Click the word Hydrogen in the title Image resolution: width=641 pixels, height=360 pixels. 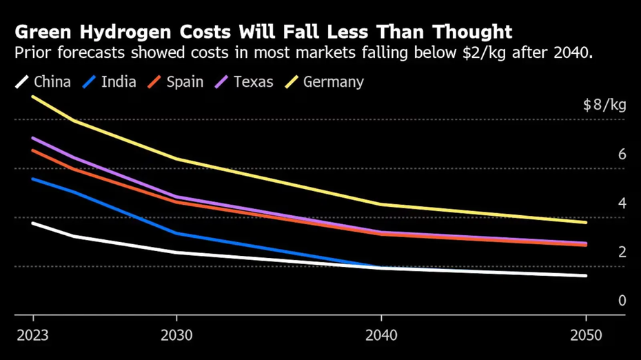[x=126, y=32]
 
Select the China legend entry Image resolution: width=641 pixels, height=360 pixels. [x=43, y=82]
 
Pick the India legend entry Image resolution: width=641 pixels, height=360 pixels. [x=109, y=82]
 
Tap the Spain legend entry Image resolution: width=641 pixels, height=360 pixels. [x=176, y=82]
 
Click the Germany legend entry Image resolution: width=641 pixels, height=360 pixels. [x=324, y=82]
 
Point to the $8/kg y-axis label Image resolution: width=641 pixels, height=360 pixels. [x=604, y=106]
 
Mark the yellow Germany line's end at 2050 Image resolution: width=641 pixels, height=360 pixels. [x=586, y=222]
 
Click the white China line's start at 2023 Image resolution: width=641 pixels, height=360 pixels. [x=33, y=223]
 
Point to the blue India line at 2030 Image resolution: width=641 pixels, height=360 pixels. [x=176, y=233]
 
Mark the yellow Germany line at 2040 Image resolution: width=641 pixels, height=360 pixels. [x=381, y=204]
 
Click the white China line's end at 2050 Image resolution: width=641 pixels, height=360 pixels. [x=586, y=276]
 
